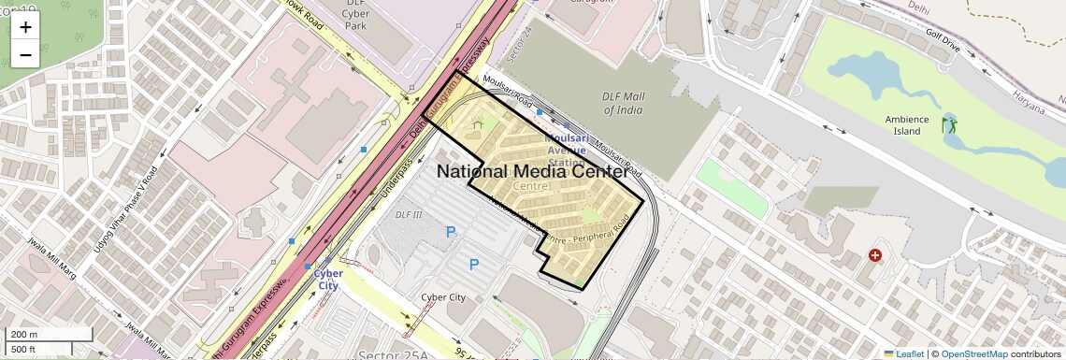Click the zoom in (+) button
tap(25, 27)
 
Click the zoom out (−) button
tap(25, 55)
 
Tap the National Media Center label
tap(532, 172)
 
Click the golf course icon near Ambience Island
tap(949, 124)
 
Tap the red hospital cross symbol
tap(875, 254)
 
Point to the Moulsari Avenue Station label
tap(565, 150)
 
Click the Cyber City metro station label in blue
tap(327, 280)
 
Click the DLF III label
tap(409, 215)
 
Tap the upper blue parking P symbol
tap(451, 232)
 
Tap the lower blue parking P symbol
tap(473, 265)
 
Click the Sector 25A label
tap(382, 354)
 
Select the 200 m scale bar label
tap(24, 335)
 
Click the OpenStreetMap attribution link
tap(973, 353)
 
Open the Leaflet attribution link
tap(903, 353)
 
